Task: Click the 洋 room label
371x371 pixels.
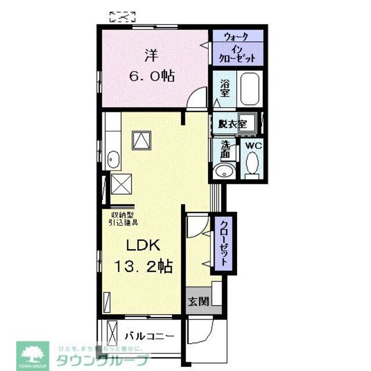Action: [150, 56]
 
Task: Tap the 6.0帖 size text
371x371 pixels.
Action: [150, 76]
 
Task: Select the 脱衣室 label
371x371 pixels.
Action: [232, 123]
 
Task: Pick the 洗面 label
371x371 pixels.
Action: [225, 150]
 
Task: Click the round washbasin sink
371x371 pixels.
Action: [224, 170]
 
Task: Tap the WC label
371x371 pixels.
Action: [253, 145]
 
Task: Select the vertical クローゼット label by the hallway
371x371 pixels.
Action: [222, 243]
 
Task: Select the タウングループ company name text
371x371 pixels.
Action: [101, 360]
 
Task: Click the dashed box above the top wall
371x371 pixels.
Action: [122, 16]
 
